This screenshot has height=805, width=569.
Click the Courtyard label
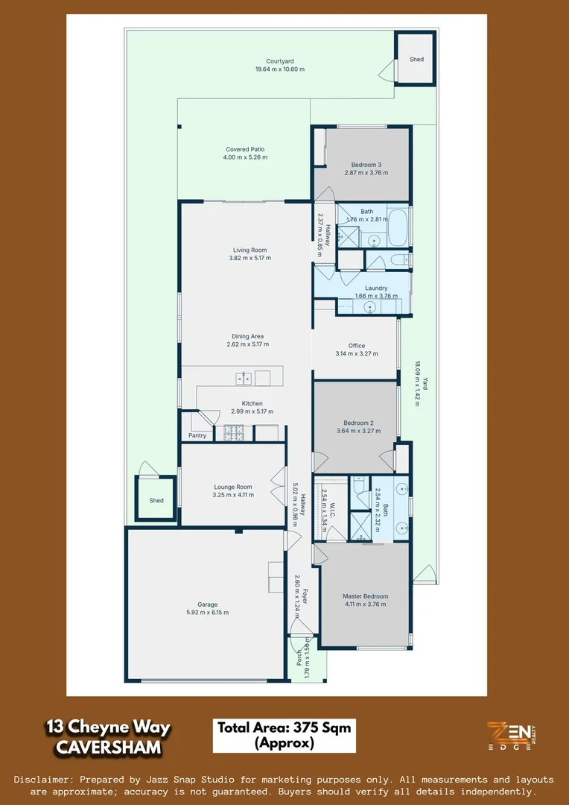[x=280, y=62]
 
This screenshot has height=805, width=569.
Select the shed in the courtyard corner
[x=415, y=58]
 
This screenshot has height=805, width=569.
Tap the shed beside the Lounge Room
[x=156, y=499]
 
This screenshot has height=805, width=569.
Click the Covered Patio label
[x=245, y=150]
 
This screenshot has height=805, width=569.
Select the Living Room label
[x=248, y=250]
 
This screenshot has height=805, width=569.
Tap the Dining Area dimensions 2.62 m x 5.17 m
[x=248, y=344]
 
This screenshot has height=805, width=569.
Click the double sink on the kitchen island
[x=244, y=379]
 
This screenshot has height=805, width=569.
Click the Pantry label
[x=197, y=435]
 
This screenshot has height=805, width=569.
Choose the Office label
[x=357, y=346]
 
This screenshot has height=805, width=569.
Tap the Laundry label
[x=376, y=288]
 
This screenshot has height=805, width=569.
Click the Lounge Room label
[x=233, y=487]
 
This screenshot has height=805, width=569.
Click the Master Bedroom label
[x=365, y=596]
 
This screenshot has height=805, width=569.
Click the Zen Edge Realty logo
[x=511, y=736]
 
